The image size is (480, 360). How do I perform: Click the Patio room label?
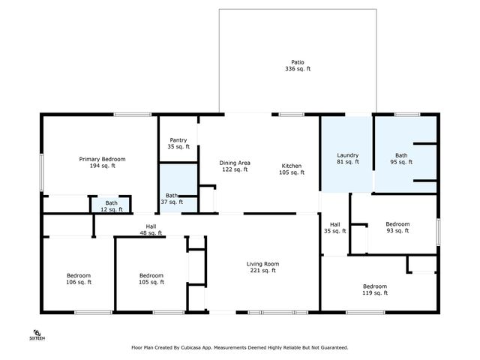298,61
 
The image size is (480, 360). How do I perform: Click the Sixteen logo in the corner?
37,334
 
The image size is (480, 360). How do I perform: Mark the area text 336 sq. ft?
298,68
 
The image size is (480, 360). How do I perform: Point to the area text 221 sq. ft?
262,271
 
